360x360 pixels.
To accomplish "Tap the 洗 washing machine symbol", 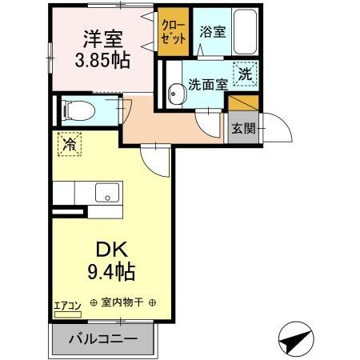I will click(247, 72).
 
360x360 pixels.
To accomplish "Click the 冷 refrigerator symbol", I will click(69, 145).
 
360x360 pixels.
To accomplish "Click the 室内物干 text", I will click(124, 304).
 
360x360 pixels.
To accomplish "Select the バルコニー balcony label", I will click(102, 338).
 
